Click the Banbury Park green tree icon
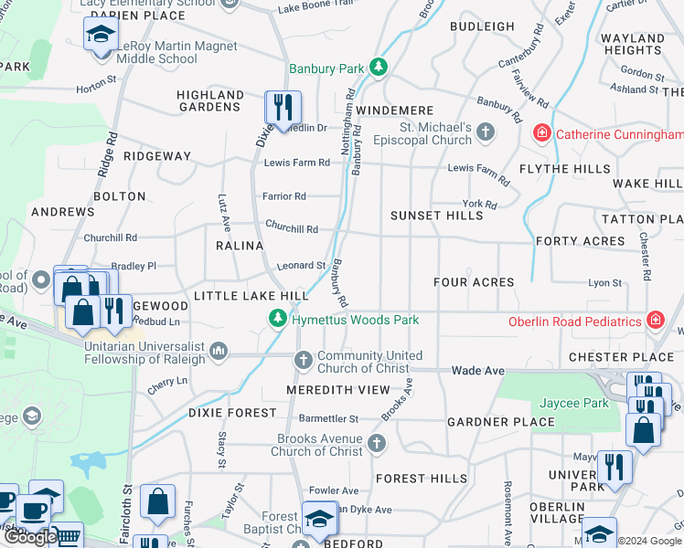376,68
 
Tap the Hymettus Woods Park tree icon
277,319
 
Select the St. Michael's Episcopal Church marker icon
485,133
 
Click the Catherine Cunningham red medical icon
542,134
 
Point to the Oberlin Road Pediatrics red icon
655,321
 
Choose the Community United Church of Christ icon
305,362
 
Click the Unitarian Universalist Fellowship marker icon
219,349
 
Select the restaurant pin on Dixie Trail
283,107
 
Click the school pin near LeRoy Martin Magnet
98,37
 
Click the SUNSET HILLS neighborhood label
436,216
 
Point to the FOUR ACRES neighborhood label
474,282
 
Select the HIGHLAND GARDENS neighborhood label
210,100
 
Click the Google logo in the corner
30,537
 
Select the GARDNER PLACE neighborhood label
500,422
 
